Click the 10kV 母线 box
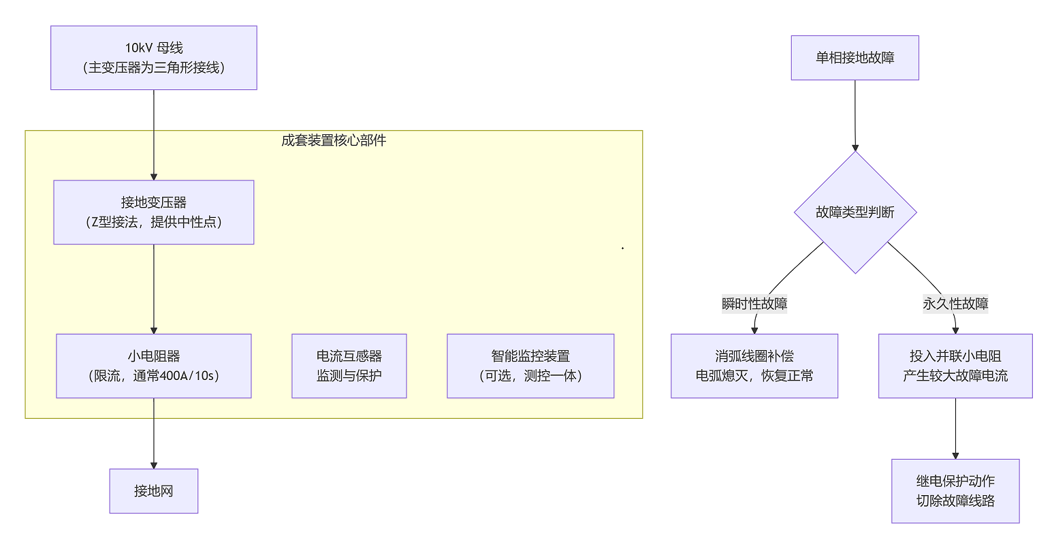click(154, 58)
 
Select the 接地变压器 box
click(154, 212)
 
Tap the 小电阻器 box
click(154, 366)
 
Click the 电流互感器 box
click(349, 366)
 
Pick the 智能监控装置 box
click(530, 366)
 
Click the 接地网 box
click(154, 491)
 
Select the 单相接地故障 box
click(855, 58)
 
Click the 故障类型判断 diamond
click(855, 212)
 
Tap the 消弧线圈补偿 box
click(754, 366)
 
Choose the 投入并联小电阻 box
click(955, 366)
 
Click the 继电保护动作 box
click(955, 491)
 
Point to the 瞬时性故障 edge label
click(754, 304)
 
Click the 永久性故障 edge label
click(955, 304)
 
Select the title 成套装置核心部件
click(334, 140)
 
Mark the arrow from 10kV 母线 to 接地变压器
click(154, 135)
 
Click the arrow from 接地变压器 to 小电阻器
click(154, 289)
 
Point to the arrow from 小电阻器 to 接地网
click(154, 433)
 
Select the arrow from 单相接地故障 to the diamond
click(855, 116)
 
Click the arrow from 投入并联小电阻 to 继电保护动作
click(955, 428)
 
